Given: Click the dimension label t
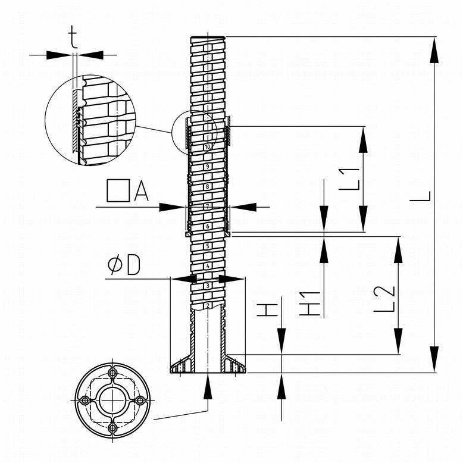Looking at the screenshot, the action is click(73, 37).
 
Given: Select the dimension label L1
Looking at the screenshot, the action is click(349, 179).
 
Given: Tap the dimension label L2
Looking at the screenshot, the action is click(384, 299).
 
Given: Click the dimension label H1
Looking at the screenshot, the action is click(309, 304).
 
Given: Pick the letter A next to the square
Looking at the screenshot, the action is click(141, 191).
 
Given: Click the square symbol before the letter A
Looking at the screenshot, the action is click(118, 191).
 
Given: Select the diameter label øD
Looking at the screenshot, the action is click(124, 265).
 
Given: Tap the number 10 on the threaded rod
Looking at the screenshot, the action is click(208, 147).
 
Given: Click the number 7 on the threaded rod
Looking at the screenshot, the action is click(208, 206).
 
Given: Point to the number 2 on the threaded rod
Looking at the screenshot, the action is click(208, 305).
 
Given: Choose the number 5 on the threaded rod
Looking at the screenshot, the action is click(208, 246).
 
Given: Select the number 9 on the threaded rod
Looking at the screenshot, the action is click(208, 167).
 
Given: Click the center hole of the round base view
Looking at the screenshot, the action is click(112, 401).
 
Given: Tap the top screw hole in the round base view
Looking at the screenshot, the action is click(112, 374).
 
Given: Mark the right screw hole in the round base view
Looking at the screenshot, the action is click(140, 401).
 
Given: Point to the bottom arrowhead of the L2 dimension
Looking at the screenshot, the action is click(398, 341).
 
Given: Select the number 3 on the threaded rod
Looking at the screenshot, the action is click(208, 286).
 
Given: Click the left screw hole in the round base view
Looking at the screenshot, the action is click(85, 401).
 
